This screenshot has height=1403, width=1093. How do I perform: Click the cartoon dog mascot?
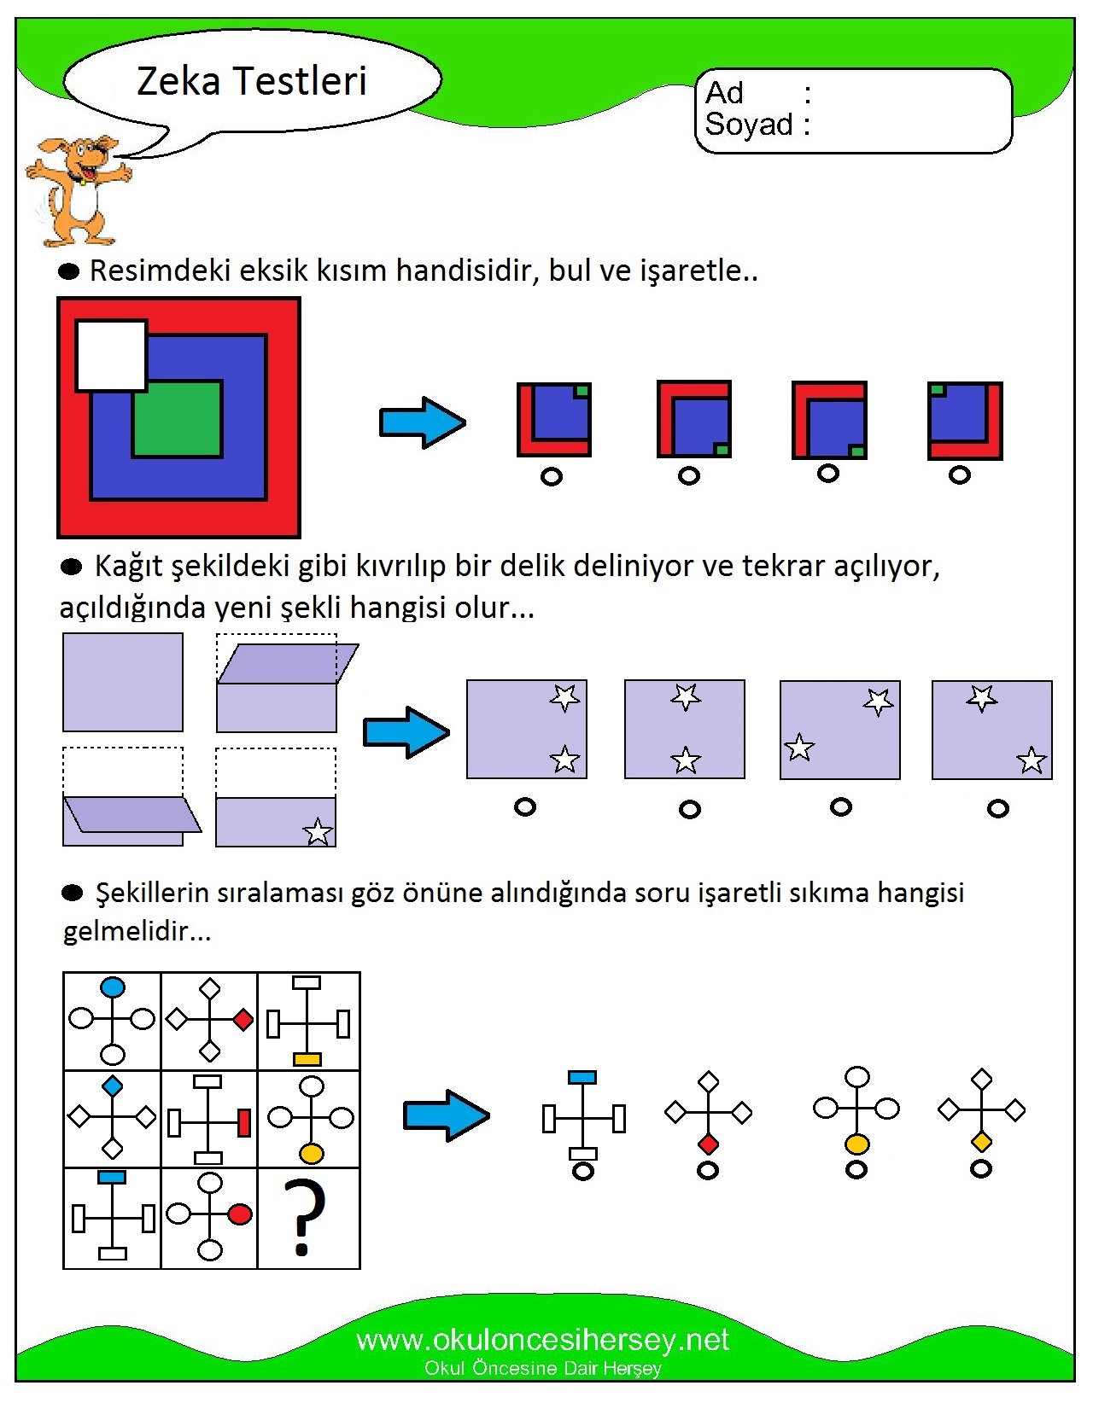point(78,190)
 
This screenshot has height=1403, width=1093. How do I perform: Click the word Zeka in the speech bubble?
point(178,81)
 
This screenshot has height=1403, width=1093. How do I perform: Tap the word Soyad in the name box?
point(749,124)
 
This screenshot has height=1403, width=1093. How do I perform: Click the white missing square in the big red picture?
point(111,355)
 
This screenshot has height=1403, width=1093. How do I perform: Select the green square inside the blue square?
point(178,419)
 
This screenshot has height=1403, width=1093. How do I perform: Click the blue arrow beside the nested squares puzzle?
point(423,423)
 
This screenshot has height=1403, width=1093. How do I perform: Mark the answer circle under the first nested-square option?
point(551,477)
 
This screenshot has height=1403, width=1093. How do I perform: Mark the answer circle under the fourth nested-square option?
point(959,476)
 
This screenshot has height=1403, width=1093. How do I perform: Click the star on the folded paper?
point(318,831)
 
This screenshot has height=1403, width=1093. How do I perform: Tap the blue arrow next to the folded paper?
point(406,732)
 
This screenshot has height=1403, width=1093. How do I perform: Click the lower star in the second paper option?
point(686,760)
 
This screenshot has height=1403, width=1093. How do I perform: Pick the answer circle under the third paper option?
point(840,807)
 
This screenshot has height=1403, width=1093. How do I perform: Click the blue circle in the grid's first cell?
point(113,987)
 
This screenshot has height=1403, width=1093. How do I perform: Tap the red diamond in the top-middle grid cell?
point(243,1020)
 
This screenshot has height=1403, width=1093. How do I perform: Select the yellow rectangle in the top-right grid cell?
point(307,1059)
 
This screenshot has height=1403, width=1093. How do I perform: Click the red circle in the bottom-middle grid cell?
point(240,1214)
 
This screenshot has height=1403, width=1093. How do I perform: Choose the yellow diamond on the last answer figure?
point(981,1142)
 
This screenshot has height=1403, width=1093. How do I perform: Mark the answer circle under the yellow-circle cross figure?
point(856,1169)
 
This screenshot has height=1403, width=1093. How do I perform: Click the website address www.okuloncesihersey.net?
point(542,1341)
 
